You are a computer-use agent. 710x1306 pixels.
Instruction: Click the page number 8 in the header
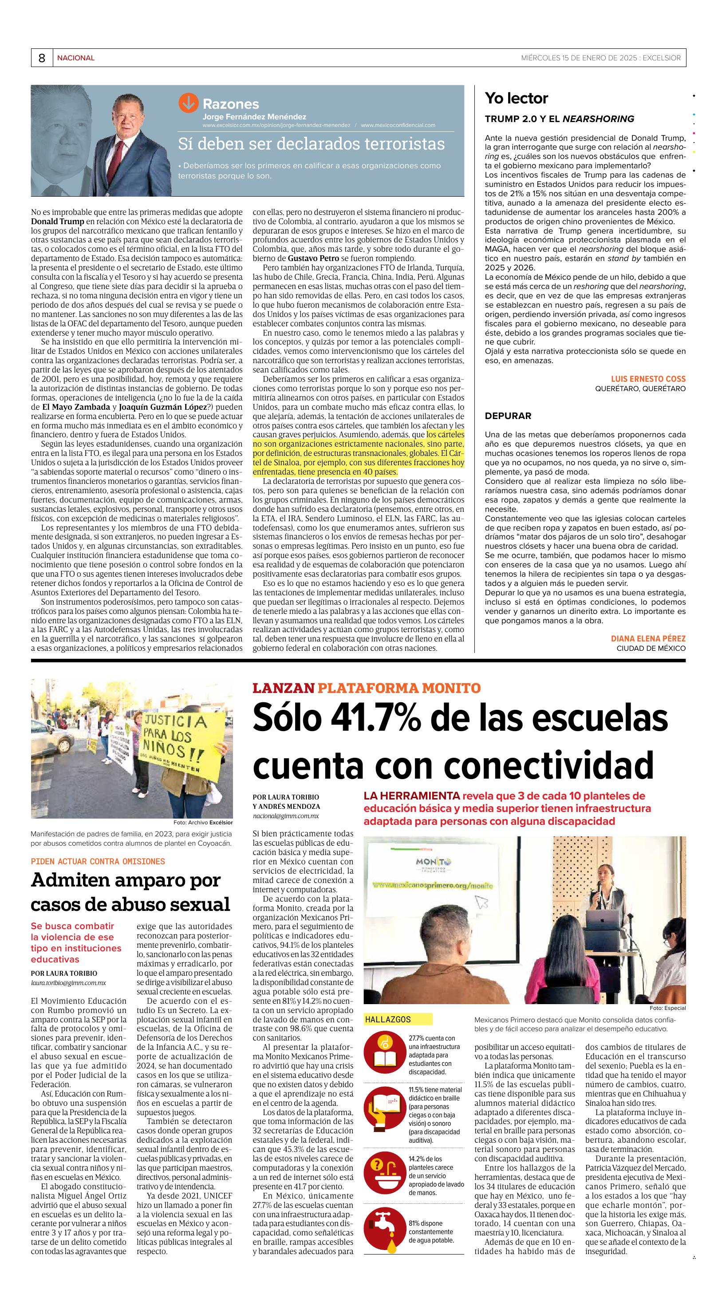pyautogui.click(x=42, y=58)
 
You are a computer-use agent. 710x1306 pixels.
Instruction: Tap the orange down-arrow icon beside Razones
pyautogui.click(x=188, y=103)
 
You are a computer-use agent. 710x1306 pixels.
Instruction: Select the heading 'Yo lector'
pyautogui.click(x=516, y=98)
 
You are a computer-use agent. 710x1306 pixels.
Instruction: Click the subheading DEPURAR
pyautogui.click(x=508, y=416)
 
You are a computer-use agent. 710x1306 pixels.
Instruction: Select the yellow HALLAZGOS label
pyautogui.click(x=388, y=1020)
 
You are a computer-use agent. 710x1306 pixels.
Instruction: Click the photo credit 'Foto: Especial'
pyautogui.click(x=667, y=1008)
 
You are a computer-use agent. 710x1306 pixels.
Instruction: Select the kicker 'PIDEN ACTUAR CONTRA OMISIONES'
pyautogui.click(x=98, y=861)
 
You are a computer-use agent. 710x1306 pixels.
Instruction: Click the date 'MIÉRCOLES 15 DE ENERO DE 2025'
pyautogui.click(x=579, y=58)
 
